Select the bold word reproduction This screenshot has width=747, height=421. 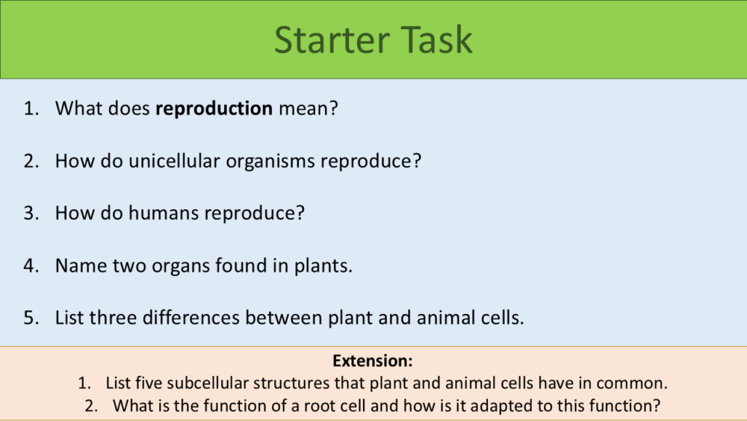point(214,109)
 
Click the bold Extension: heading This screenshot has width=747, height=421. point(373,361)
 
